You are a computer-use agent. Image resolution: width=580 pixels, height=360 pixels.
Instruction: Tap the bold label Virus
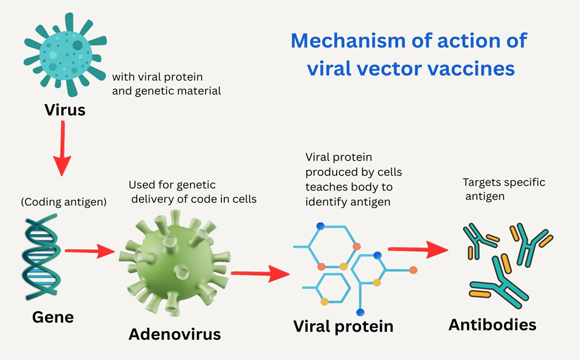pos(65,110)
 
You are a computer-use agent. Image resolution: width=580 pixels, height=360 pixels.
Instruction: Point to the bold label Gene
pos(53,317)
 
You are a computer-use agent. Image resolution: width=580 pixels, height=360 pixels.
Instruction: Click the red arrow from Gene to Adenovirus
pos(90,251)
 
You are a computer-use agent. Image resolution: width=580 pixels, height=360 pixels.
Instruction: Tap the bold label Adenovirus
pos(174,334)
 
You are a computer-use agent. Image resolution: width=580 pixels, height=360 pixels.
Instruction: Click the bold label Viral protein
pos(343,326)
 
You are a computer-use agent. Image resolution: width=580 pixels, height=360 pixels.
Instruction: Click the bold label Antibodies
pos(492,325)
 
